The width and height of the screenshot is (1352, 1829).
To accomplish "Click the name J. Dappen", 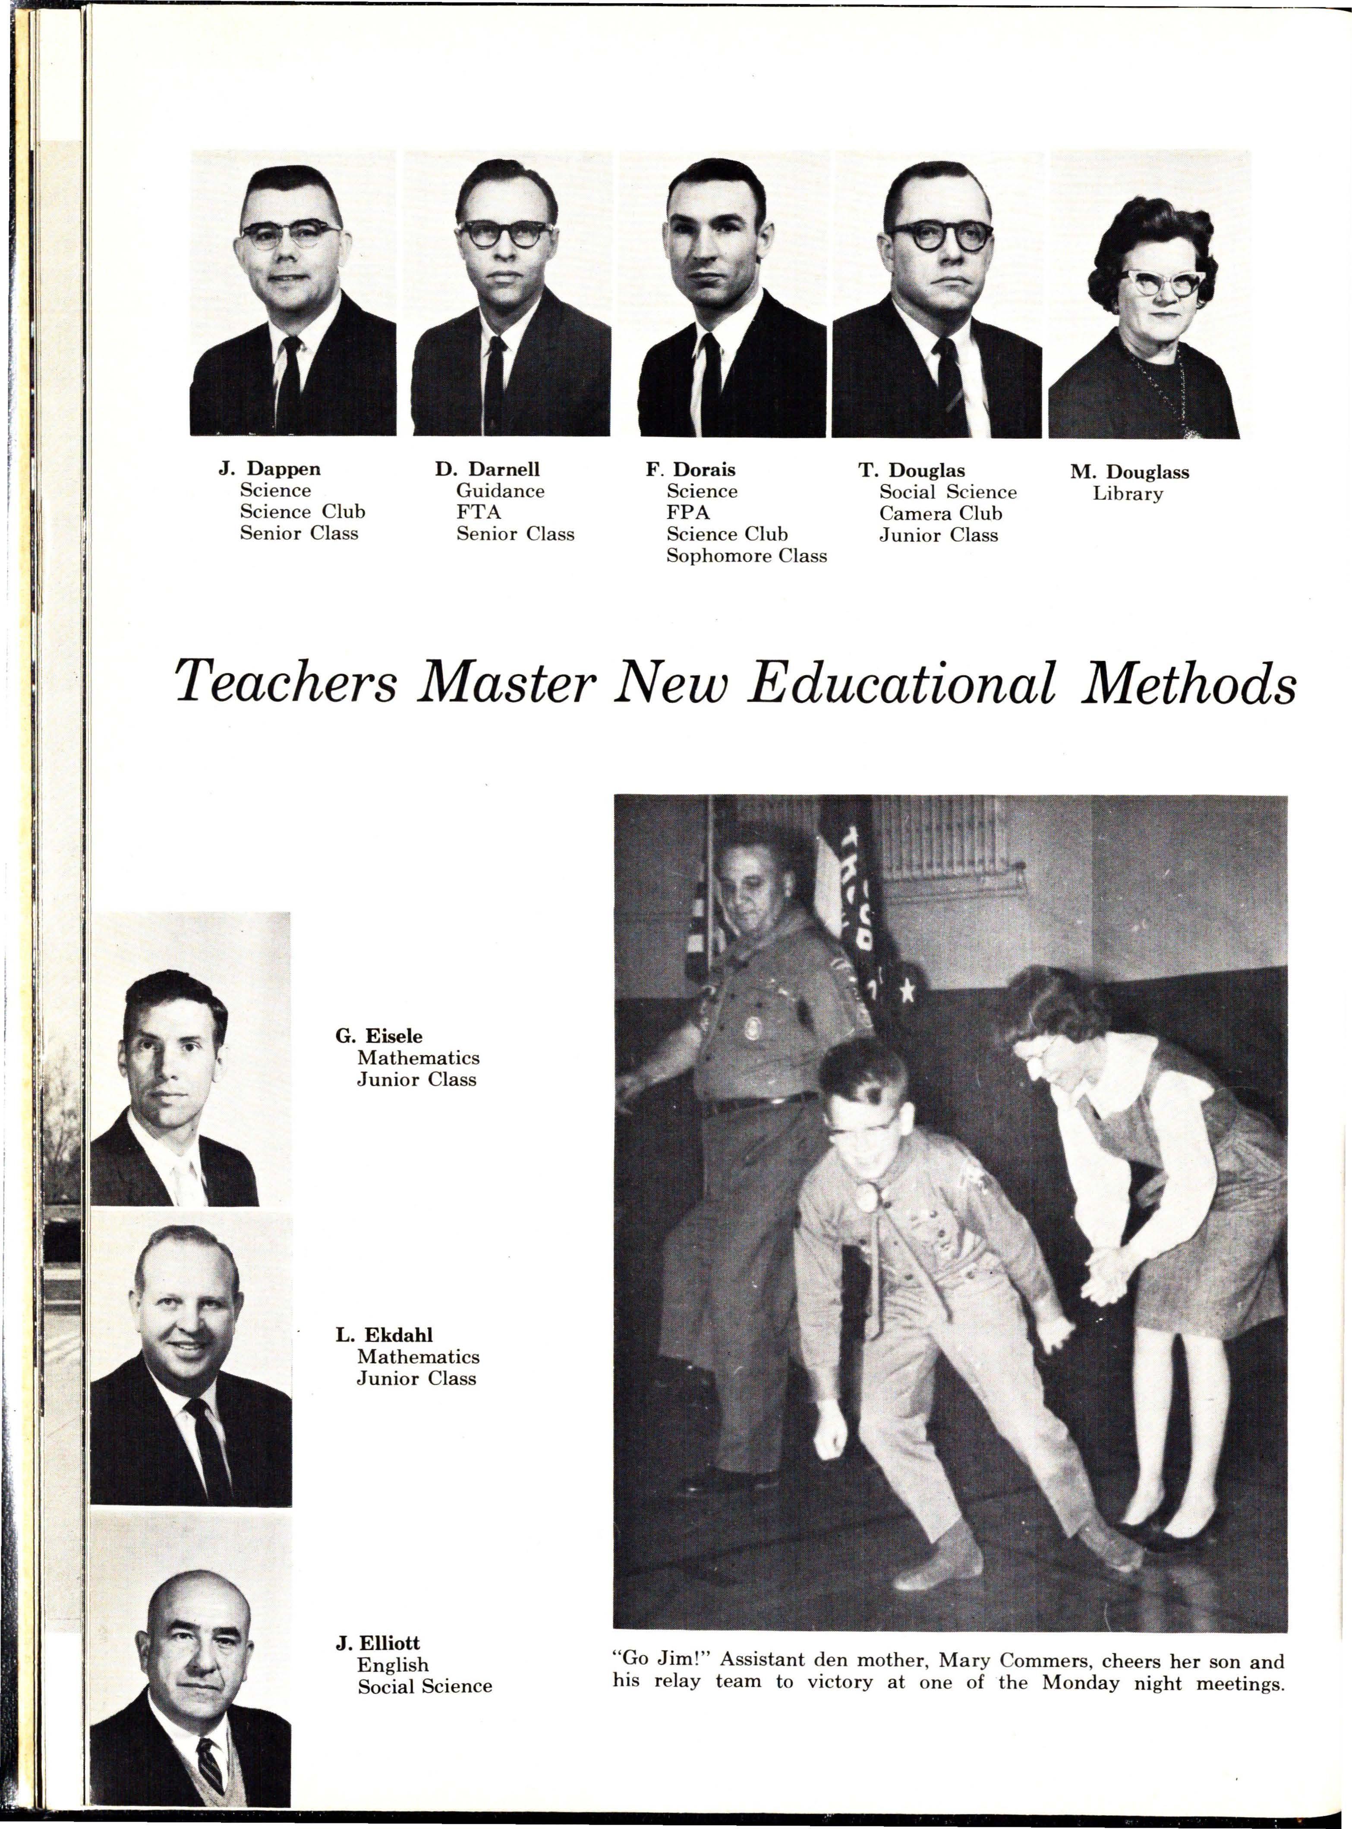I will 269,469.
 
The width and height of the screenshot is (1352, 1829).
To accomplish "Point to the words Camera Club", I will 940,514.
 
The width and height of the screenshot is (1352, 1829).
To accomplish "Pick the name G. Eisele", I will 379,1037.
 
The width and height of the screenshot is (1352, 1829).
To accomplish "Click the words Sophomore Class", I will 747,556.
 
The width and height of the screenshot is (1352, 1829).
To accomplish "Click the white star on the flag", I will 907,991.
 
